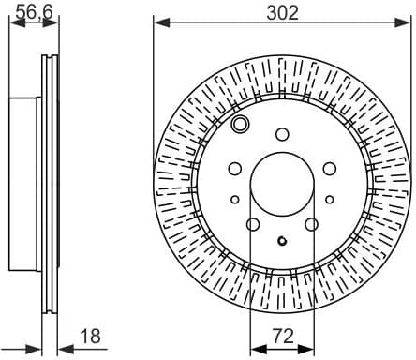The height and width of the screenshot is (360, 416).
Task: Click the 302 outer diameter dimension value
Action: pos(282,12)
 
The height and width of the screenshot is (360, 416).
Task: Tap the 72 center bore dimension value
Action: pos(284,335)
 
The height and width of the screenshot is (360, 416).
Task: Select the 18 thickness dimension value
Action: pos(90,335)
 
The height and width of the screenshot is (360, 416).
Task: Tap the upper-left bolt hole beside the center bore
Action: pos(235,168)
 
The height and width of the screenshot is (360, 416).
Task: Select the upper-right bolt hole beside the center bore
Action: pos(329,168)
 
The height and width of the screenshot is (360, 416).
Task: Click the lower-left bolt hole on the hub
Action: pos(253,224)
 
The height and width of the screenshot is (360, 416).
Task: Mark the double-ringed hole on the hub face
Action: pos(241,125)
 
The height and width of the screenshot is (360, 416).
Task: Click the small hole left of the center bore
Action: pos(234,199)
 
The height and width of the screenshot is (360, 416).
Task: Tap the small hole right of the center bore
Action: pos(331,199)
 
